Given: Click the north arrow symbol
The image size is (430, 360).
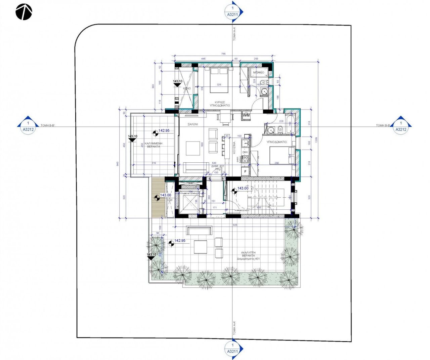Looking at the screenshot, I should [24, 12].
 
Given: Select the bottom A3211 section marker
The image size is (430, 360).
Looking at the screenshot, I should [232, 349].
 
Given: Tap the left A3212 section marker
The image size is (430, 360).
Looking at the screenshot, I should [28, 126].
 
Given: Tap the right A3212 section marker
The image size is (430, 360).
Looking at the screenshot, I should [400, 126].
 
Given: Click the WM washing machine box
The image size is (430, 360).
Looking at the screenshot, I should [246, 115].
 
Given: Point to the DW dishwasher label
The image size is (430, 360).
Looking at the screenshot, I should [245, 152].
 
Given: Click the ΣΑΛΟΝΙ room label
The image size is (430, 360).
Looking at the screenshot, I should [192, 124].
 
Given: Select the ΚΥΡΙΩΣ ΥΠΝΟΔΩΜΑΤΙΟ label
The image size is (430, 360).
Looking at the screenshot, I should [220, 104].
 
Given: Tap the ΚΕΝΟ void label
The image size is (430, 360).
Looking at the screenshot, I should [187, 88].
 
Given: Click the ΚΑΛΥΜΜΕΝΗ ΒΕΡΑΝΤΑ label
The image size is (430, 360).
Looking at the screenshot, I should [153, 145].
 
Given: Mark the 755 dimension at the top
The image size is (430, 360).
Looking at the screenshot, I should [223, 54].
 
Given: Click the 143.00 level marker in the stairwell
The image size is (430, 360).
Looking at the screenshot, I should [243, 189].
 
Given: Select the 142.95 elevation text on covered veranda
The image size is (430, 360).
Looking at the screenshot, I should [164, 131].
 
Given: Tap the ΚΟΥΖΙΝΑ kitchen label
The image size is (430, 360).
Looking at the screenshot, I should [234, 148].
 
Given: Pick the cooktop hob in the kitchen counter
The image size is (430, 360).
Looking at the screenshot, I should [245, 160].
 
